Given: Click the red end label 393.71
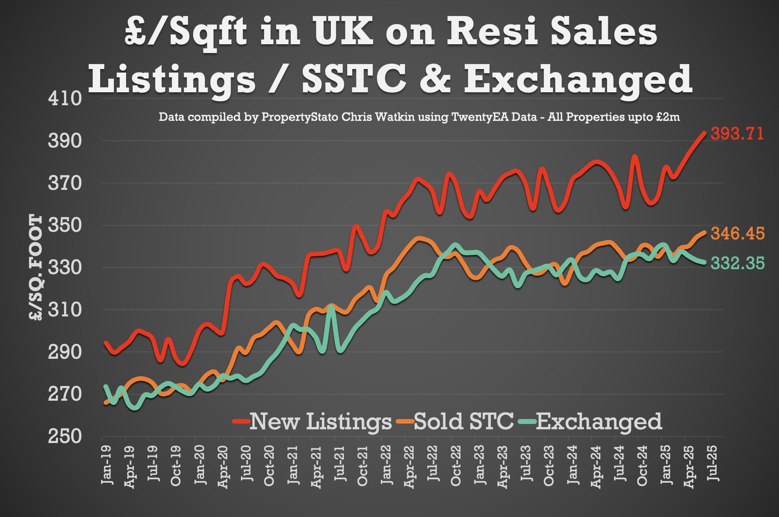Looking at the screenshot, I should pyautogui.click(x=737, y=134).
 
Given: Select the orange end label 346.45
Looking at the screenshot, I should pyautogui.click(x=737, y=233).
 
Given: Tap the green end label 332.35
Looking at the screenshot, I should pyautogui.click(x=737, y=263).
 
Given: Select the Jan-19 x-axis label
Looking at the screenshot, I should pyautogui.click(x=107, y=464).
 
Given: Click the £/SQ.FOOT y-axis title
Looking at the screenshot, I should pyautogui.click(x=35, y=267).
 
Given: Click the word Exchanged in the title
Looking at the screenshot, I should pyautogui.click(x=578, y=79).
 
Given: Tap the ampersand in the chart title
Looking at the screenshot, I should pyautogui.click(x=435, y=79).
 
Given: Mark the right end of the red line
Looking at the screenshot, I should pyautogui.click(x=704, y=133).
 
